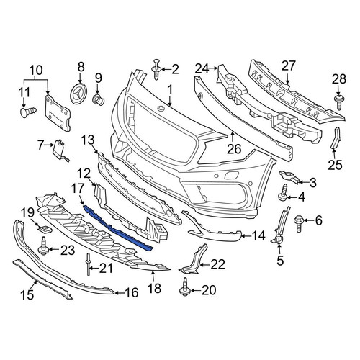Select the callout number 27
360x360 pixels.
288,66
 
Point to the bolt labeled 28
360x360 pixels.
339,102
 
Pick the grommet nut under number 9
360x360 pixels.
99,100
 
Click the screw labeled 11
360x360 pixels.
28,112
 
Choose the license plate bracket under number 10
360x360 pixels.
58,113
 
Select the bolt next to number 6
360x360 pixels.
299,223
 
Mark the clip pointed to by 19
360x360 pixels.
45,230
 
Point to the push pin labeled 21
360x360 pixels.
89,264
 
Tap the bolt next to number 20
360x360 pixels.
185,287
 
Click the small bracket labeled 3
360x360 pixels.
288,176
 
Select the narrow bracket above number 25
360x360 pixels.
336,138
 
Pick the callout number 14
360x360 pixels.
258,236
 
